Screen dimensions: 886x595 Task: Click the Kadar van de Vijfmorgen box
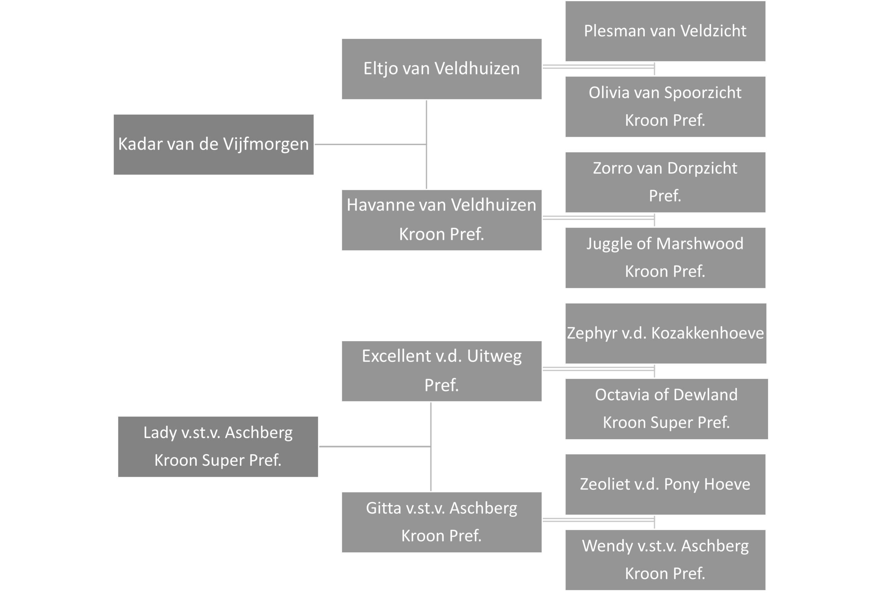pyautogui.click(x=214, y=144)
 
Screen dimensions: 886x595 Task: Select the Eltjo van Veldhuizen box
pyautogui.click(x=442, y=69)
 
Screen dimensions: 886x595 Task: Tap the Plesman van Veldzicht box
pyautogui.click(x=665, y=31)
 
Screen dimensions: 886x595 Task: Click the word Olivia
pyautogui.click(x=605, y=92)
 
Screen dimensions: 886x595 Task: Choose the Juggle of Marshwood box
pyautogui.click(x=665, y=258)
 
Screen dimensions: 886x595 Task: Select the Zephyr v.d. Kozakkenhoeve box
pyautogui.click(x=666, y=334)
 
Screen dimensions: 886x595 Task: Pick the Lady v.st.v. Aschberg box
pyautogui.click(x=218, y=447)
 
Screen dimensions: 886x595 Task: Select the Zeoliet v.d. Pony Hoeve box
pyautogui.click(x=665, y=485)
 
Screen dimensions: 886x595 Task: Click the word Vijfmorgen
pyautogui.click(x=266, y=144)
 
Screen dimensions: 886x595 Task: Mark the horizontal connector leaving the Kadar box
pyautogui.click(x=370, y=144)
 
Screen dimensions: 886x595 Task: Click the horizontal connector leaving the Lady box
pyautogui.click(x=375, y=447)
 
